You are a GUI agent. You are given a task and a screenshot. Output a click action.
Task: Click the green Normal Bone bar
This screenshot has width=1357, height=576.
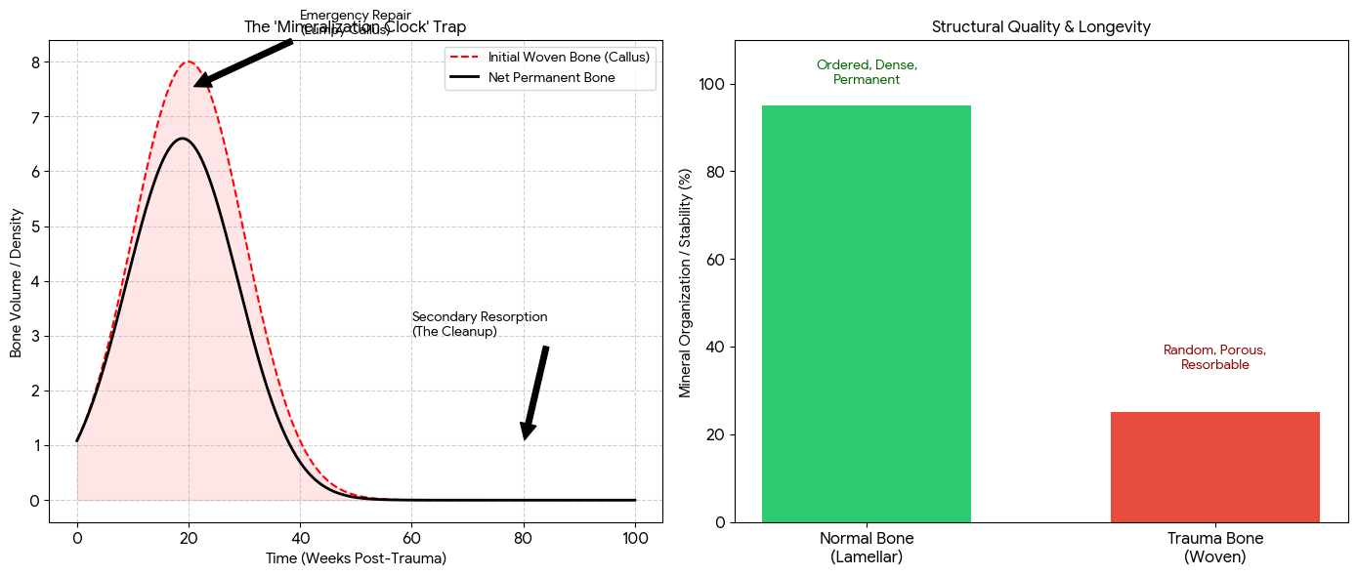point(866,313)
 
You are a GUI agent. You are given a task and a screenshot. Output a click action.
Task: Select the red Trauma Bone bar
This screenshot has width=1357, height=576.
point(1214,467)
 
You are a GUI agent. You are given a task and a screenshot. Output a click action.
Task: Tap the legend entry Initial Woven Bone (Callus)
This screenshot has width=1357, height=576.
point(569,58)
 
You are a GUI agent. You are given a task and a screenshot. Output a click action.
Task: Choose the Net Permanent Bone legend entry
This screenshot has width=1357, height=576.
point(551,77)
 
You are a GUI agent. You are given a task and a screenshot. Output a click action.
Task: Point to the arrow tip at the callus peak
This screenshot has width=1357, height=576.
point(195,85)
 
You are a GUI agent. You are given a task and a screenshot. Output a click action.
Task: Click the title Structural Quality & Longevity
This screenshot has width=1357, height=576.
point(1040,27)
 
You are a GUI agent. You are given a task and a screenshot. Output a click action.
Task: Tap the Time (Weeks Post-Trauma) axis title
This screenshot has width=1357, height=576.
point(356,558)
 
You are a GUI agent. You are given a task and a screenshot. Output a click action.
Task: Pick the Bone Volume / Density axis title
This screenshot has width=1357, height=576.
point(17,281)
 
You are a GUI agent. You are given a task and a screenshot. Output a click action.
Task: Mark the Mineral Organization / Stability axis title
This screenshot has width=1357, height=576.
point(685,281)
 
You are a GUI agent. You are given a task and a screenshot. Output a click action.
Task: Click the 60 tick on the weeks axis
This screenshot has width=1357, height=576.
point(411,537)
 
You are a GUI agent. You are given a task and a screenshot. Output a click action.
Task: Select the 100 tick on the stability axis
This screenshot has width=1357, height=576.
point(711,85)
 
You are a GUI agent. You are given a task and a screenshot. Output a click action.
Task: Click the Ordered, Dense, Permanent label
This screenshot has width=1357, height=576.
point(867,72)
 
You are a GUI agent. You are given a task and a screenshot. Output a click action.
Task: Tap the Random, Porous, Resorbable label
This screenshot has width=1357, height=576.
point(1214,357)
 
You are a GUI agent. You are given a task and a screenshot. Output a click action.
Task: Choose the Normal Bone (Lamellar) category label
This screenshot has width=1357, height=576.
point(867,548)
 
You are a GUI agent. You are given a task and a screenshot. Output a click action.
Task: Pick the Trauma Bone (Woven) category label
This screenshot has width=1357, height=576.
point(1214,548)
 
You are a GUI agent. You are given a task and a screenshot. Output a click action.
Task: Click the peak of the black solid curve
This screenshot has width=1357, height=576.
point(182,139)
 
